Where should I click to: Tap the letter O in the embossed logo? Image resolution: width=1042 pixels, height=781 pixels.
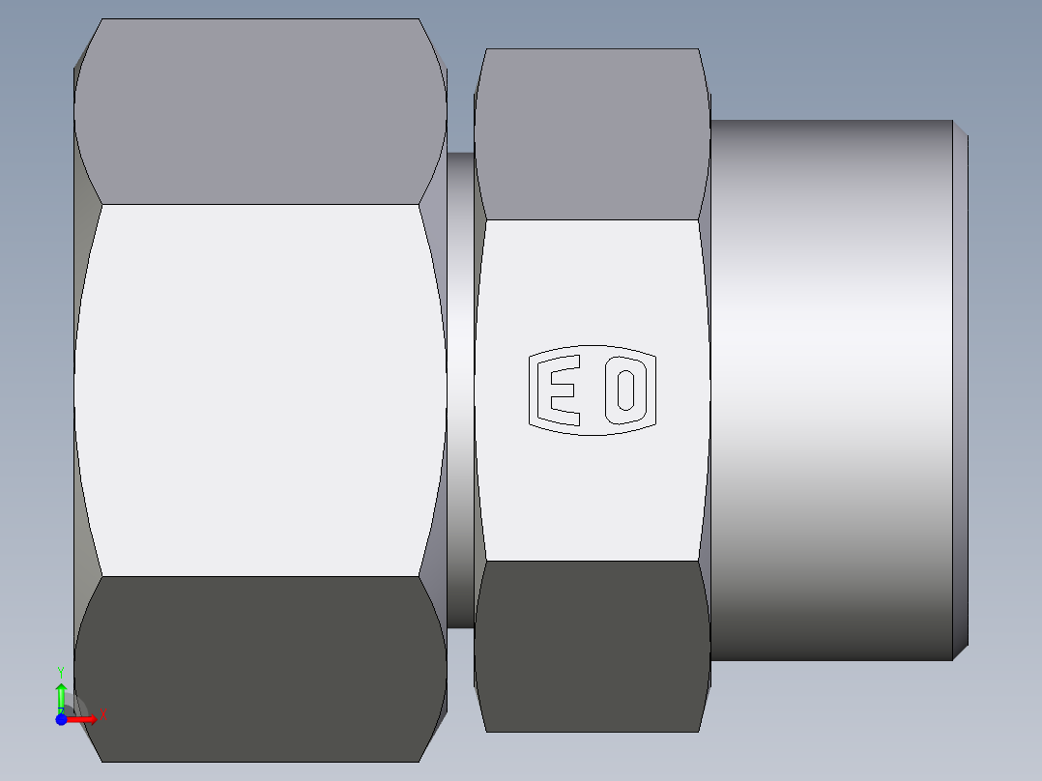click(624, 390)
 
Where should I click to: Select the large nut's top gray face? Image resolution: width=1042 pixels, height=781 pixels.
click(259, 111)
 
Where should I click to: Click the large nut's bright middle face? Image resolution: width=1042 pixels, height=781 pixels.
click(259, 390)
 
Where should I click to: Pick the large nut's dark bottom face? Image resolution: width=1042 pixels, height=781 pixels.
click(259, 667)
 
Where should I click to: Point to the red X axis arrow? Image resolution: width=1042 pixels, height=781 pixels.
click(83, 718)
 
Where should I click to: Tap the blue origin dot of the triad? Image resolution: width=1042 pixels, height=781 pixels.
click(60, 719)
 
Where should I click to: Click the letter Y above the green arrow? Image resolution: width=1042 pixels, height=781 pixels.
click(60, 671)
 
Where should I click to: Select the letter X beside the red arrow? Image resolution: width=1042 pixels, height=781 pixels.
click(102, 714)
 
